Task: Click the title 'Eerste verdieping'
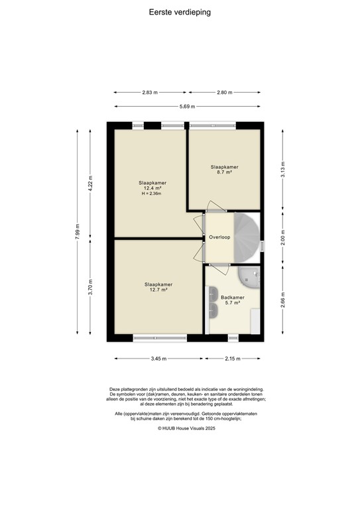pos(180,11)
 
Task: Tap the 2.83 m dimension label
pos(150,93)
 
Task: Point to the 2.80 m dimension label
pos(225,93)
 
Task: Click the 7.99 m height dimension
pos(77,232)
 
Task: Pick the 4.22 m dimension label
pos(91,183)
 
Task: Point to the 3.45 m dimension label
pos(158,359)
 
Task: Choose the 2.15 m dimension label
pos(232,359)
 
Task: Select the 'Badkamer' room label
pos(233,298)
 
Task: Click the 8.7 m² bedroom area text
pos(225,172)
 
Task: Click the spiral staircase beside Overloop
pos(246,237)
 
